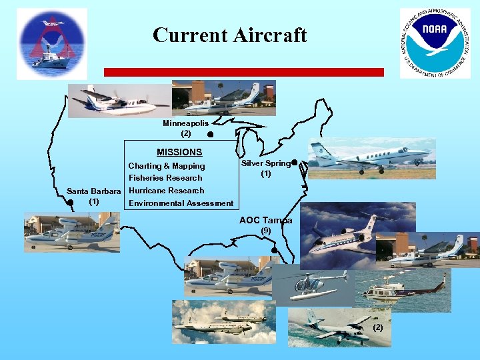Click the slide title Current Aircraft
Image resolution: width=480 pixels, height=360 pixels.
(x=229, y=35)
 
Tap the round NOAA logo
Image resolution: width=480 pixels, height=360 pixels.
(x=434, y=43)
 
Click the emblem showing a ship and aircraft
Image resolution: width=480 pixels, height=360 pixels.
(x=52, y=43)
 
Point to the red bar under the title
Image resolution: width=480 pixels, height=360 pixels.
(x=243, y=72)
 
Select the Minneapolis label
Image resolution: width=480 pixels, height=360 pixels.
(x=185, y=123)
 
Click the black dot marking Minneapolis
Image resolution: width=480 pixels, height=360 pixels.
(x=209, y=135)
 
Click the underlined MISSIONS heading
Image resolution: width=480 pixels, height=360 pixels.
(x=179, y=152)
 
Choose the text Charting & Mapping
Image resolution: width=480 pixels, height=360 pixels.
(x=167, y=165)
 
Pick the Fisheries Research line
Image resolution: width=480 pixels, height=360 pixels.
(x=165, y=178)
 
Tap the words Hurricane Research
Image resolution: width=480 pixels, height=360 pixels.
(x=166, y=190)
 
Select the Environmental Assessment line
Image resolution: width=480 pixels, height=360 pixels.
(x=181, y=203)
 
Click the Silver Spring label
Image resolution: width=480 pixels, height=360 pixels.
(x=265, y=163)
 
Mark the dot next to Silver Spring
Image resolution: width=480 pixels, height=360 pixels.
(x=294, y=162)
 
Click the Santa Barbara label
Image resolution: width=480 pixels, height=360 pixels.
(x=94, y=191)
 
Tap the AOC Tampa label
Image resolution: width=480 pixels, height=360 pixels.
(x=265, y=220)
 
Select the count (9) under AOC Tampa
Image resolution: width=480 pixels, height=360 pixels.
(x=265, y=230)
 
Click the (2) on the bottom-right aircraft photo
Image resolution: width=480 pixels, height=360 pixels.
(x=378, y=327)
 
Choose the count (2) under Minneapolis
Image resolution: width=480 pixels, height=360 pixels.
(x=185, y=133)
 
